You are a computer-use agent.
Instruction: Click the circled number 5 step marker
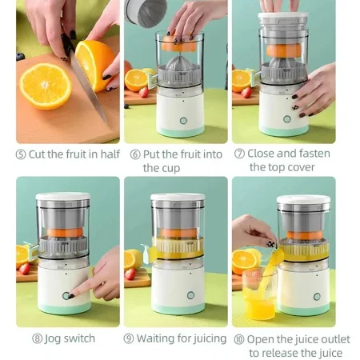tap(21, 154)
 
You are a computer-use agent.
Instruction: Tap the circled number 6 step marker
tap(135, 154)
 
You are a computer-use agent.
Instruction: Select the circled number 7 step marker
tap(239, 154)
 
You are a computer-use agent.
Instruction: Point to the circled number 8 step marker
tap(37, 338)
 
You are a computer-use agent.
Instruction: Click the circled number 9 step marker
tap(129, 338)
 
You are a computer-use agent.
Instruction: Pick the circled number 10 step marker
tap(239, 339)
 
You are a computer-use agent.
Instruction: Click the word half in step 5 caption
tap(110, 154)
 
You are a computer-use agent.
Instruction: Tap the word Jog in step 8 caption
tap(53, 339)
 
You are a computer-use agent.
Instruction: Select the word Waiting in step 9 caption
tap(156, 339)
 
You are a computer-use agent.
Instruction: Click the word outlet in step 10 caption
tap(335, 339)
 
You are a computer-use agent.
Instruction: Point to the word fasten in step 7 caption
tap(314, 154)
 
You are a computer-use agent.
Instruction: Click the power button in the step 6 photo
tap(183, 121)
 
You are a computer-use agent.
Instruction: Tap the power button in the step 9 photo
tap(190, 295)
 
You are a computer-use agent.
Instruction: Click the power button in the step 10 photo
tap(317, 297)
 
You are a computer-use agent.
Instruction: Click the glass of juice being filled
tap(259, 294)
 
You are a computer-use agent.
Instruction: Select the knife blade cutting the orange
tap(88, 86)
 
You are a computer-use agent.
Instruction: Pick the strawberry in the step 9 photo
tap(130, 274)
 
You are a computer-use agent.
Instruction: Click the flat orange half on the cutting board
tap(46, 86)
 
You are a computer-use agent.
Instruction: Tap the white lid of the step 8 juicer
tap(63, 196)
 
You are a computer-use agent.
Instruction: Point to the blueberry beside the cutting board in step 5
tap(20, 57)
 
